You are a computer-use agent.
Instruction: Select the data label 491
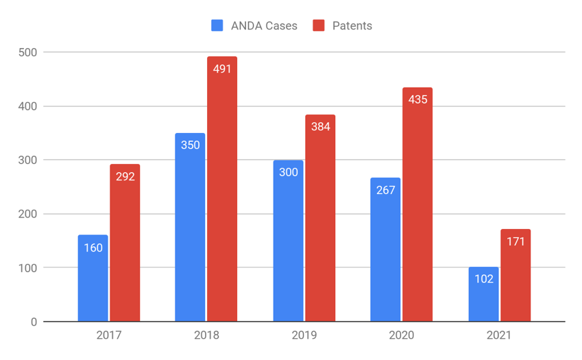tap(222, 69)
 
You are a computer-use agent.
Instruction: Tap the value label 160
tap(93, 248)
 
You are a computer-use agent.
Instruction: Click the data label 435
tap(417, 99)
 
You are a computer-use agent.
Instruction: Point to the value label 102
tap(483, 279)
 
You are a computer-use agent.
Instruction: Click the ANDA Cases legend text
tap(263, 26)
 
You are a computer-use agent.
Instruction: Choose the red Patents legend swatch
tap(319, 26)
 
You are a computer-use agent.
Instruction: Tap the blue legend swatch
tap(217, 26)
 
